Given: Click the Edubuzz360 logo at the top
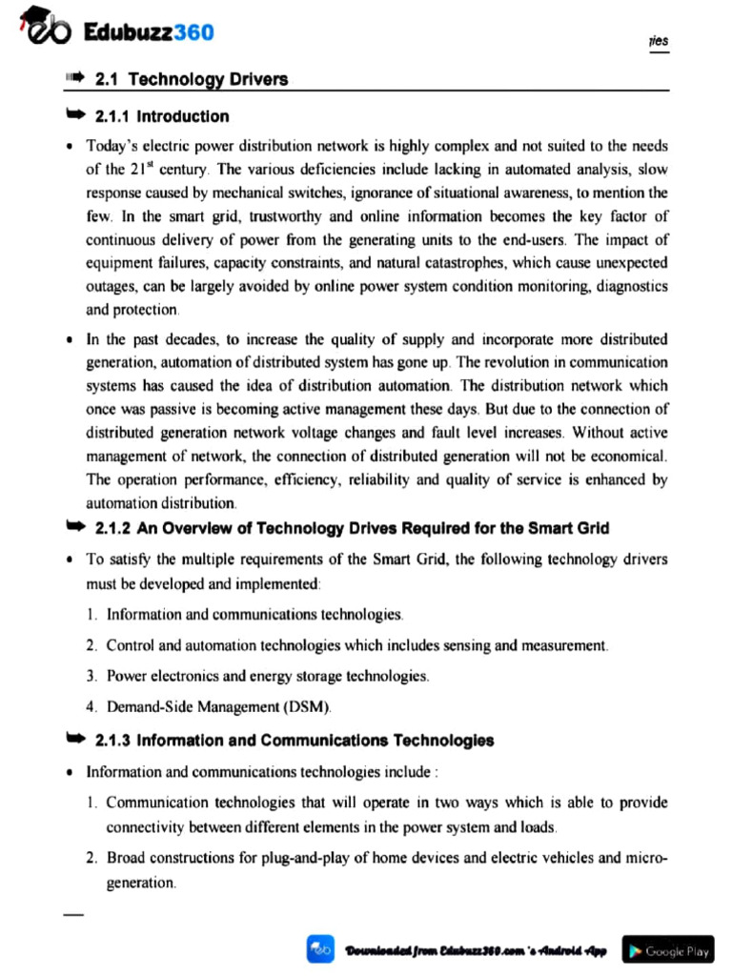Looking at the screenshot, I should pos(114,33).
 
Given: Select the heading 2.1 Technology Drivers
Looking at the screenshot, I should pos(192,79).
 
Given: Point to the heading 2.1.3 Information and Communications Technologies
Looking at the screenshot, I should pos(295,741).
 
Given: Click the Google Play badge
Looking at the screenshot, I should pos(668,950).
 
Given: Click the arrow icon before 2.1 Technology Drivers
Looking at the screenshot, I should pos(74,79).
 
